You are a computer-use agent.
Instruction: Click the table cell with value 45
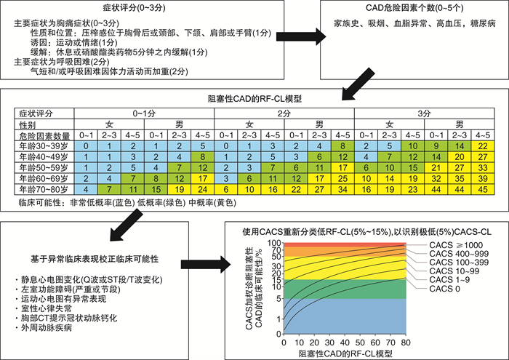pos(483,189)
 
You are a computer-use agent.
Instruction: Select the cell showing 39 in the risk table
pos(483,178)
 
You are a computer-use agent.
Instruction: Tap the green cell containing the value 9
pos(436,146)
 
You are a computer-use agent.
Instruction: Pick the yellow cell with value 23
pos(412,189)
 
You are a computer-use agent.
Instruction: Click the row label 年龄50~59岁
pos(44,168)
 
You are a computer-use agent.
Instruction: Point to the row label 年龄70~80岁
pos(44,189)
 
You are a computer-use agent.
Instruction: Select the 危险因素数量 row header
pos(44,136)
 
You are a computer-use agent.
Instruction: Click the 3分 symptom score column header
pos(424,113)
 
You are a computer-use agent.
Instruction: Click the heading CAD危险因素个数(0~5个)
pos(414,7)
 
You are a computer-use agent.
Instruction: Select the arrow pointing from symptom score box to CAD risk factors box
pos(301,36)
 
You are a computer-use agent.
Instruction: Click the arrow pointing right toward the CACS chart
pos(206,265)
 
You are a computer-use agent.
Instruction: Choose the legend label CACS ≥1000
pos(456,245)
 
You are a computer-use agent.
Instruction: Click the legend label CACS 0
pos(444,289)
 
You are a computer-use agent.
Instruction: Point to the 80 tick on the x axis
pos(406,343)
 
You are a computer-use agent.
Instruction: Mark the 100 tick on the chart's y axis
pos(274,243)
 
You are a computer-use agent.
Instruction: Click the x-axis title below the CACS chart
pos(345,353)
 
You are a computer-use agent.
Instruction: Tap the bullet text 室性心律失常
pos(46,308)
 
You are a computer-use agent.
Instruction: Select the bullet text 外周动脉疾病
pos(46,327)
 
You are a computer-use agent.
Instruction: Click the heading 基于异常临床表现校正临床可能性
pos(95,259)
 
